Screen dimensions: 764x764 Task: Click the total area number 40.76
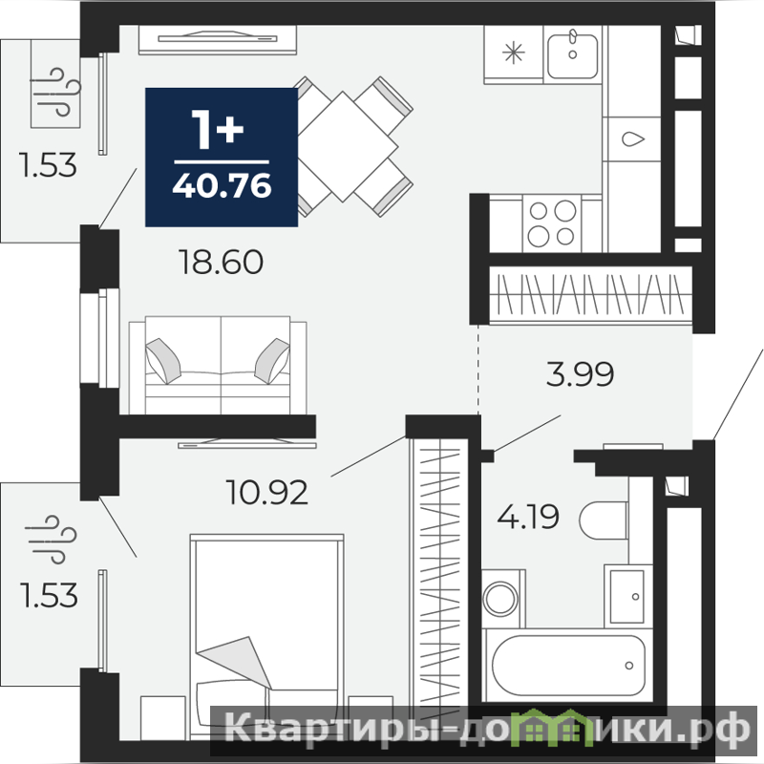click(x=222, y=185)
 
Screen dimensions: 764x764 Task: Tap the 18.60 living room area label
click(x=222, y=262)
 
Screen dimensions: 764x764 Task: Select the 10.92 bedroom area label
click(x=267, y=492)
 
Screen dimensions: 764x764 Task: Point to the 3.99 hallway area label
click(x=580, y=374)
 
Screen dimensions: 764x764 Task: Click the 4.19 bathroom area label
click(x=528, y=517)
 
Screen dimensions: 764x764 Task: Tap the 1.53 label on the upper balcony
click(x=48, y=164)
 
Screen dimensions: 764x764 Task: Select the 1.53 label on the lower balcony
click(x=49, y=595)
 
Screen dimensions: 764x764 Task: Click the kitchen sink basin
click(x=572, y=56)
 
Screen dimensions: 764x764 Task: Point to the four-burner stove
click(x=552, y=224)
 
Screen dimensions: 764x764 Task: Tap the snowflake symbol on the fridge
click(x=514, y=53)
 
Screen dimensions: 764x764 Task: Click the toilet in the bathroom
click(x=604, y=520)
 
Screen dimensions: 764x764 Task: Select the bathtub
click(x=568, y=665)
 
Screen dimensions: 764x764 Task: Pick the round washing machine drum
click(x=500, y=598)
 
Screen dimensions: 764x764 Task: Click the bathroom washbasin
click(x=627, y=596)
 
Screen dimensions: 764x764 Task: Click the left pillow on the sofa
click(x=163, y=361)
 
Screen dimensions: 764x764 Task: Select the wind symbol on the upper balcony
click(x=55, y=92)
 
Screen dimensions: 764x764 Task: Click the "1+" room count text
click(x=218, y=129)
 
